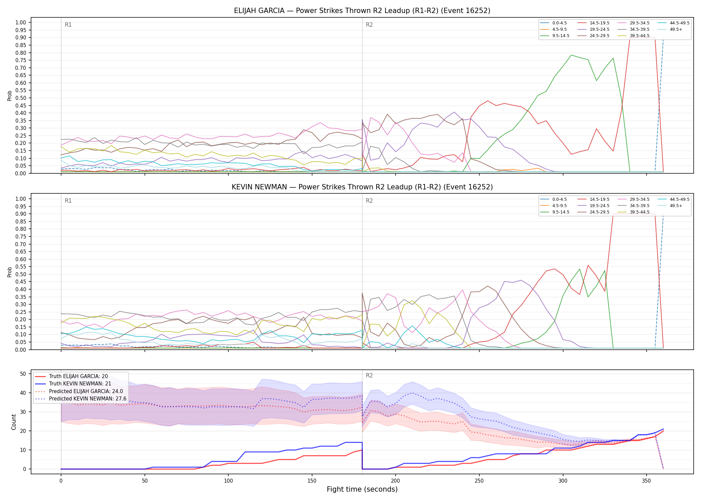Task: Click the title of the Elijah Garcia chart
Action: [x=362, y=11]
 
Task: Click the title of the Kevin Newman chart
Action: [x=362, y=187]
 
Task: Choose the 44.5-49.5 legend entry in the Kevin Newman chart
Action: [x=674, y=199]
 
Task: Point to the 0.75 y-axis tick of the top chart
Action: [x=20, y=60]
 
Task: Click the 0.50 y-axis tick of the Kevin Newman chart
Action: [x=20, y=274]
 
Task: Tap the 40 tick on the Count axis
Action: [x=23, y=393]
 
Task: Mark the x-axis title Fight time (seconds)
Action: [x=362, y=489]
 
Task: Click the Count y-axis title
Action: [x=14, y=422]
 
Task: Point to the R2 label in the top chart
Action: [x=369, y=25]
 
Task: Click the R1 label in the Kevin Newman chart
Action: [x=68, y=201]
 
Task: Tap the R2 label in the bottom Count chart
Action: [x=369, y=375]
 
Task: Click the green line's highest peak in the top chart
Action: [x=571, y=55]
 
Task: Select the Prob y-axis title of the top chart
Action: [x=10, y=96]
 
